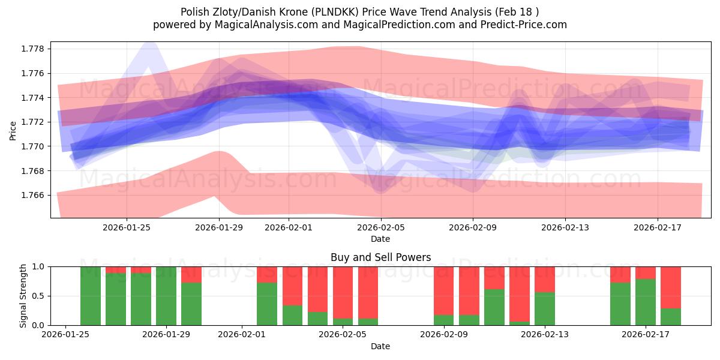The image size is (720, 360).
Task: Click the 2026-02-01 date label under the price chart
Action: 289,227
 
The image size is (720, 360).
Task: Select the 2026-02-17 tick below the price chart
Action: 658,227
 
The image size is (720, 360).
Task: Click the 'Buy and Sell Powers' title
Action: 380,257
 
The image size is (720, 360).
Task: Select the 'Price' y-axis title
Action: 13,130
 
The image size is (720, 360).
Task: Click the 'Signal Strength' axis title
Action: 23,296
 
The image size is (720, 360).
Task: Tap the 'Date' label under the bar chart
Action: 380,346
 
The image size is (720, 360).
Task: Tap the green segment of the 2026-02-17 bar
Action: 646,302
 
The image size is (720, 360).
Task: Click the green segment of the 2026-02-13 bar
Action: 545,308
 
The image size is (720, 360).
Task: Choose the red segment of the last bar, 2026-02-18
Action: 671,287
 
